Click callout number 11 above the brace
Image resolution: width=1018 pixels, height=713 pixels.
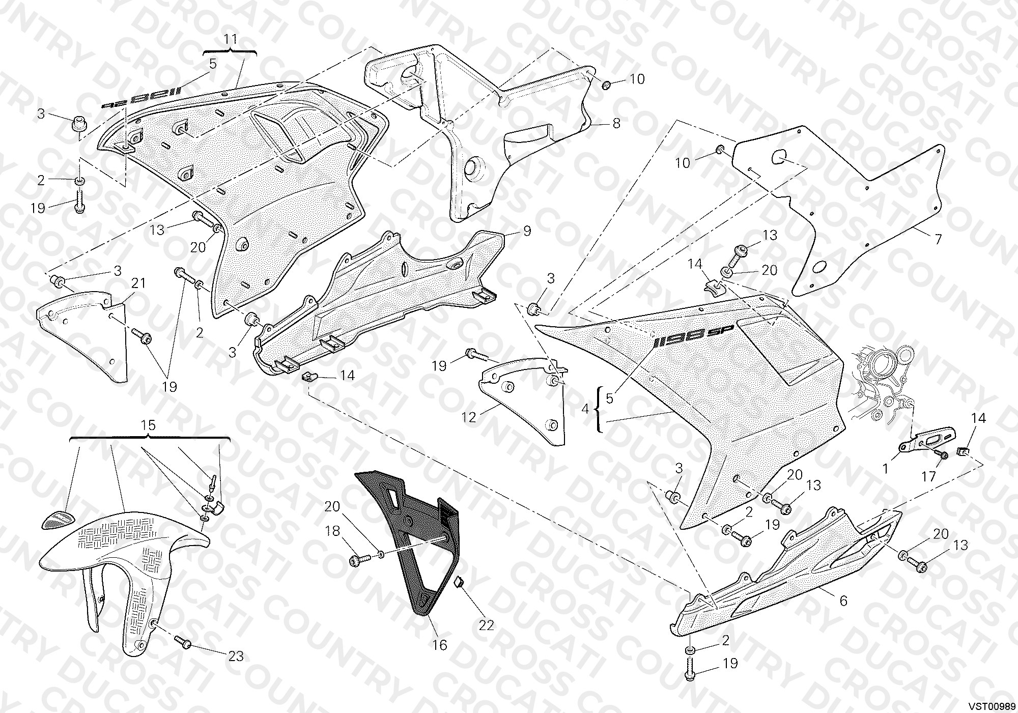point(231,39)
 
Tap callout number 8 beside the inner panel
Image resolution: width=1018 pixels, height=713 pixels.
point(616,123)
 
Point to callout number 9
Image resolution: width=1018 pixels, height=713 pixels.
point(527,231)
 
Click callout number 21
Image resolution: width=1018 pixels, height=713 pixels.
point(139,283)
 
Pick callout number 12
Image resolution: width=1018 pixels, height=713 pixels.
point(469,417)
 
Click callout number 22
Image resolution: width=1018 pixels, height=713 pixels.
point(487,625)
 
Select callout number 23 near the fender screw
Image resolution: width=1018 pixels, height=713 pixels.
point(236,657)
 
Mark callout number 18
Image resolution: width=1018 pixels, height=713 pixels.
point(332,531)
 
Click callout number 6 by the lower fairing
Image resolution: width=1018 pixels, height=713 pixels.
point(843,601)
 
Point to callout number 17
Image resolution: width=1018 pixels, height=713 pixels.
point(929,476)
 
